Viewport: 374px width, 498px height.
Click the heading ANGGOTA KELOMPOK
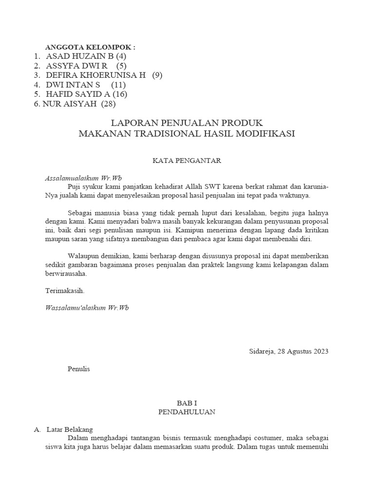[90, 47]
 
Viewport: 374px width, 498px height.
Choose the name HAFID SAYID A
[78, 94]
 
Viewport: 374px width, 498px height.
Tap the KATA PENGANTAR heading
[187, 160]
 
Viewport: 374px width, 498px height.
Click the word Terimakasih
[65, 291]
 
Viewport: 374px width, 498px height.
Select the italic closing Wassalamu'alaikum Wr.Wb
[87, 307]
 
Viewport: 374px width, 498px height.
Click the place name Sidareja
[262, 352]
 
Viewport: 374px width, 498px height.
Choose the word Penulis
[78, 369]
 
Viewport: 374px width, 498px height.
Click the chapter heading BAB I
[187, 403]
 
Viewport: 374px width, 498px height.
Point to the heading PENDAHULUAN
[187, 411]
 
